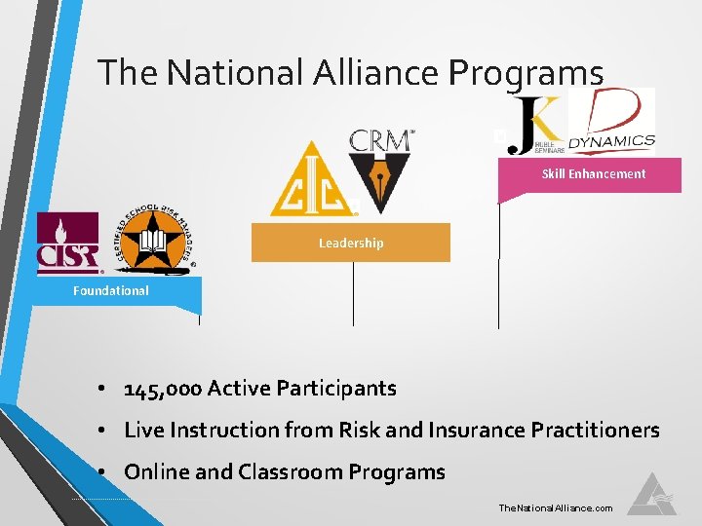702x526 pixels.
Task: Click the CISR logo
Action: [x=67, y=244]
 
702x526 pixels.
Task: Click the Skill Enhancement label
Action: [x=593, y=174]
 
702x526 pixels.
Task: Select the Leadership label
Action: [x=351, y=243]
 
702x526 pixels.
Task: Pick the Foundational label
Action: [x=111, y=290]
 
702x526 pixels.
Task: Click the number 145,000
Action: [x=163, y=389]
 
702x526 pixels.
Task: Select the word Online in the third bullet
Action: [x=157, y=472]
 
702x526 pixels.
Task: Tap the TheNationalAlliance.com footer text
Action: [x=555, y=508]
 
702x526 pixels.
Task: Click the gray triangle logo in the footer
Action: [x=651, y=495]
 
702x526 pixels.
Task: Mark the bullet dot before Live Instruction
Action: [x=100, y=431]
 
